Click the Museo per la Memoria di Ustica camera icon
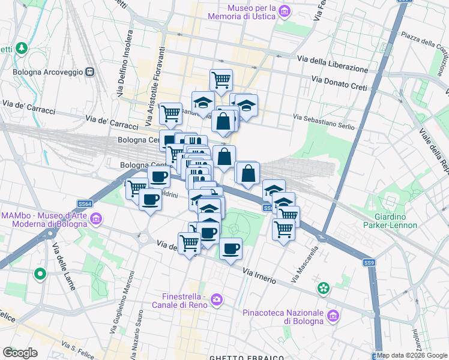point(285,11)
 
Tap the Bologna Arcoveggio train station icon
point(91,72)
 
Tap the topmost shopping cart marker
point(221,79)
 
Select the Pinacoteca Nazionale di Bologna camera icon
point(331,315)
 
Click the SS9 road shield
point(369,263)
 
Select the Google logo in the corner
point(20,353)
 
